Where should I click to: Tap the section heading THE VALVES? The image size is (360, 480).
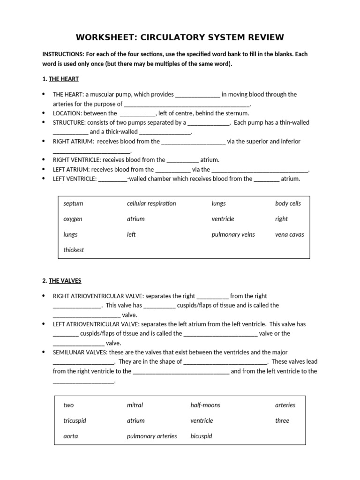pyautogui.click(x=65, y=280)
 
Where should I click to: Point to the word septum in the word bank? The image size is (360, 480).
pyautogui.click(x=73, y=203)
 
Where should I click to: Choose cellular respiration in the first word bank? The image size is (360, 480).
pyautogui.click(x=151, y=203)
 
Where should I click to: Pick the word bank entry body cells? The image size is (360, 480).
pyautogui.click(x=288, y=203)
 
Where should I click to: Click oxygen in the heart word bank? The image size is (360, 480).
pyautogui.click(x=73, y=219)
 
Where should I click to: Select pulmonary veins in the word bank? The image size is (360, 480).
pyautogui.click(x=233, y=234)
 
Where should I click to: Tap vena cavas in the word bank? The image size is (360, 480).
pyautogui.click(x=289, y=234)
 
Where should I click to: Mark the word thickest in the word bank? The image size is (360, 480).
pyautogui.click(x=74, y=250)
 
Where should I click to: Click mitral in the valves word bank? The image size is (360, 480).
pyautogui.click(x=135, y=405)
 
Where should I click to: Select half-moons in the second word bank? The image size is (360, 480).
pyautogui.click(x=205, y=405)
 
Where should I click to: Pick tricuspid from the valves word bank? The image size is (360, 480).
pyautogui.click(x=75, y=420)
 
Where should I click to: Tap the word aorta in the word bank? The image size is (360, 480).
pyautogui.click(x=70, y=436)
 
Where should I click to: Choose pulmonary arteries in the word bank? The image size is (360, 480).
pyautogui.click(x=152, y=436)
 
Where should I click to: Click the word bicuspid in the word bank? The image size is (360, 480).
pyautogui.click(x=201, y=436)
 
